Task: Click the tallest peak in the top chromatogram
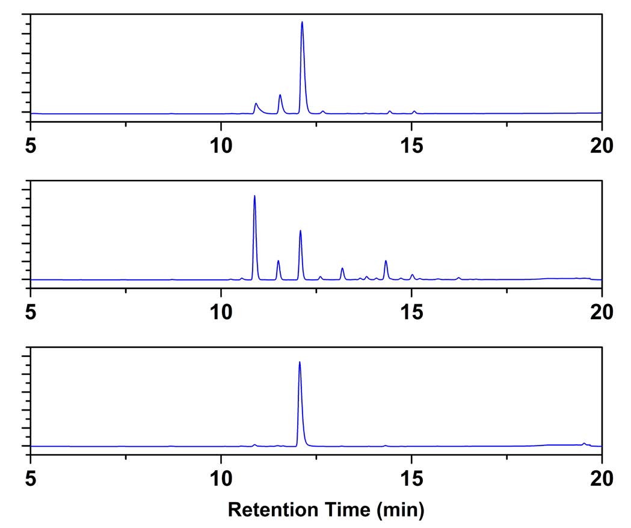[x=302, y=23]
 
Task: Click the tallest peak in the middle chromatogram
[x=254, y=197]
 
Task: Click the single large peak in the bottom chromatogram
[x=300, y=363]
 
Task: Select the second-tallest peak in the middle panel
[x=300, y=231]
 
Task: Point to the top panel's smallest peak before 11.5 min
[x=256, y=104]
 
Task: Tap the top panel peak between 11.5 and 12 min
[x=280, y=96]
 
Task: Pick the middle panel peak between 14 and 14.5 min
[x=386, y=261]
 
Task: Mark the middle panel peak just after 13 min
[x=342, y=269]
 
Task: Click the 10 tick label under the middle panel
[x=221, y=311]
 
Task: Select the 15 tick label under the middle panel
[x=411, y=311]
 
